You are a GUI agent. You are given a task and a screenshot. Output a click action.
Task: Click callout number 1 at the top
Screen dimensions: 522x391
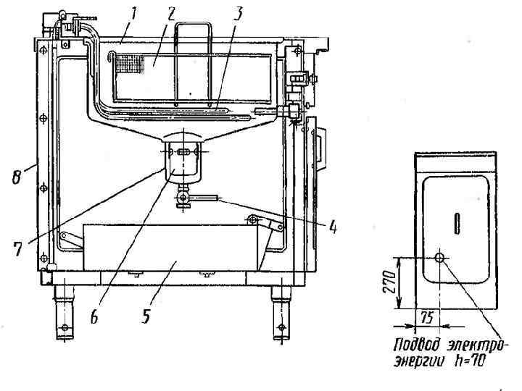tap(133, 13)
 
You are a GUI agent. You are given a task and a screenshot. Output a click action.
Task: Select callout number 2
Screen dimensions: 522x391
tap(171, 14)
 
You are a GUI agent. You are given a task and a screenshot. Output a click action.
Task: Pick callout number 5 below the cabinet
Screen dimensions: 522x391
tap(146, 315)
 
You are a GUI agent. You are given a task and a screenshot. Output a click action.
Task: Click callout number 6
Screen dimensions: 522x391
tap(94, 316)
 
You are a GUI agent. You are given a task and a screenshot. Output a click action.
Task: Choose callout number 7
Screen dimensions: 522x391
tap(17, 248)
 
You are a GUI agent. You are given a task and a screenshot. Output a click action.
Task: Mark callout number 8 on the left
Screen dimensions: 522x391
tap(17, 176)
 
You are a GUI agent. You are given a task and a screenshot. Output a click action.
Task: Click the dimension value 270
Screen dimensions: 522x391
tap(389, 282)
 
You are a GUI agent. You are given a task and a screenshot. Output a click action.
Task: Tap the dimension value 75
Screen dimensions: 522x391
tap(426, 317)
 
